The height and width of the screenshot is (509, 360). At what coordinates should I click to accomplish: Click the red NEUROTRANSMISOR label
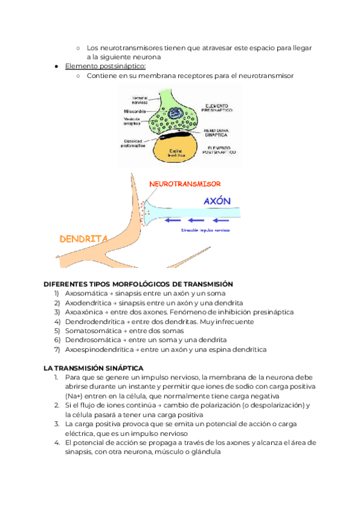(x=185, y=184)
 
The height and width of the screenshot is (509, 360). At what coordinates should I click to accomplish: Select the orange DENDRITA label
(x=83, y=239)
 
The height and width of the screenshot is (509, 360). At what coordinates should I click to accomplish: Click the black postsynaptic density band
(x=178, y=134)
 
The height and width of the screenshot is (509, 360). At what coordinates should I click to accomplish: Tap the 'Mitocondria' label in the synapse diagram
(x=137, y=111)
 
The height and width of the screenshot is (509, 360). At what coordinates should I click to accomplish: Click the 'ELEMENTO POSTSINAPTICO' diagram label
(x=217, y=151)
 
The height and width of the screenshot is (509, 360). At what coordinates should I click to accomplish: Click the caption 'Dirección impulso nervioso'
(x=205, y=230)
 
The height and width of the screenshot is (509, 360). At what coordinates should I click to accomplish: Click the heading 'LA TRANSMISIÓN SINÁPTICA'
(x=93, y=367)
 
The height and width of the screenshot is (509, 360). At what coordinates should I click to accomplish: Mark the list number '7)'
(x=56, y=349)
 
